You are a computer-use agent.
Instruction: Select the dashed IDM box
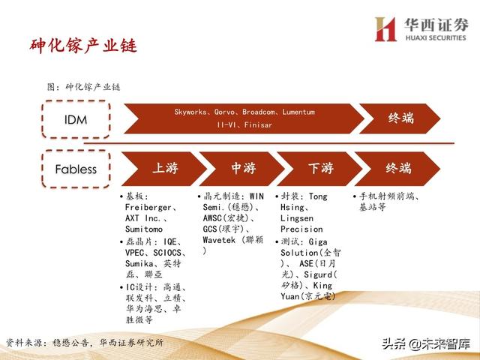pos(76,119)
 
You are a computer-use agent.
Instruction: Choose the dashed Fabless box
pos(76,169)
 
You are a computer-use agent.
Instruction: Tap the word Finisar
pos(256,125)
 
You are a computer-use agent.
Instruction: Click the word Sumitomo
pos(144,229)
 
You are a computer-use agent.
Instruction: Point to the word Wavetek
pos(220,240)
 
